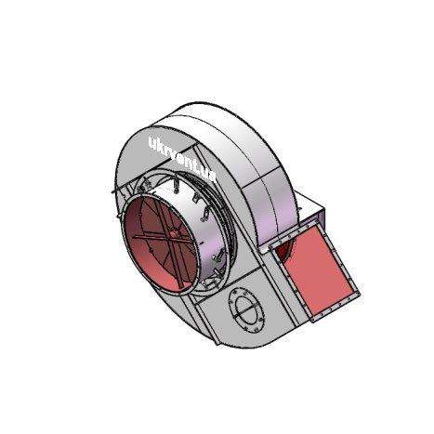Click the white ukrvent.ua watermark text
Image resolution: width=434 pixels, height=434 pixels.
pos(182,160)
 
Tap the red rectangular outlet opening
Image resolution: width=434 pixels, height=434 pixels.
pos(317,268)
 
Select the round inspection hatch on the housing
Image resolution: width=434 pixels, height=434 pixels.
pos(246,310)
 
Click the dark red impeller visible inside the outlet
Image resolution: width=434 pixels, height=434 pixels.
pos(284,250)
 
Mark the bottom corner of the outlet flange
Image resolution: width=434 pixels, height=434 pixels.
pos(313,322)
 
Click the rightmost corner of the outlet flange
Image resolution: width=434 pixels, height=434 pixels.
pos(360,293)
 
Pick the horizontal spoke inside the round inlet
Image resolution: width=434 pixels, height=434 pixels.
pos(162,238)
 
